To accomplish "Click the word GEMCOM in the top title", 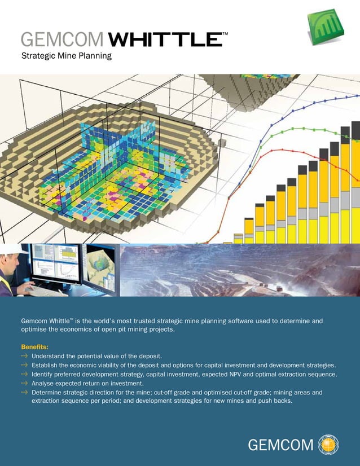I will tap(62, 39).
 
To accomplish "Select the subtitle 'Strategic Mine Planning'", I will tap(67, 56).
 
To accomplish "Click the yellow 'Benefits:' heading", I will tap(35, 346).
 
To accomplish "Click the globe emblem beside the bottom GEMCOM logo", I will tap(329, 445).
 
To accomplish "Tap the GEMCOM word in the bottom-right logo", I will tap(281, 446).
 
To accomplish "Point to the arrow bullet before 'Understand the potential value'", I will tap(24, 356).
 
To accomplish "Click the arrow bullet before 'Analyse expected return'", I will tap(24, 383).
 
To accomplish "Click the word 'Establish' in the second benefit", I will tap(46, 365).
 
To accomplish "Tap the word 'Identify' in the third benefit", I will tap(43, 374).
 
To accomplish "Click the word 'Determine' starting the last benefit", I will tap(48, 392).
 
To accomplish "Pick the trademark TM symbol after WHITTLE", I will tap(225, 34).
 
